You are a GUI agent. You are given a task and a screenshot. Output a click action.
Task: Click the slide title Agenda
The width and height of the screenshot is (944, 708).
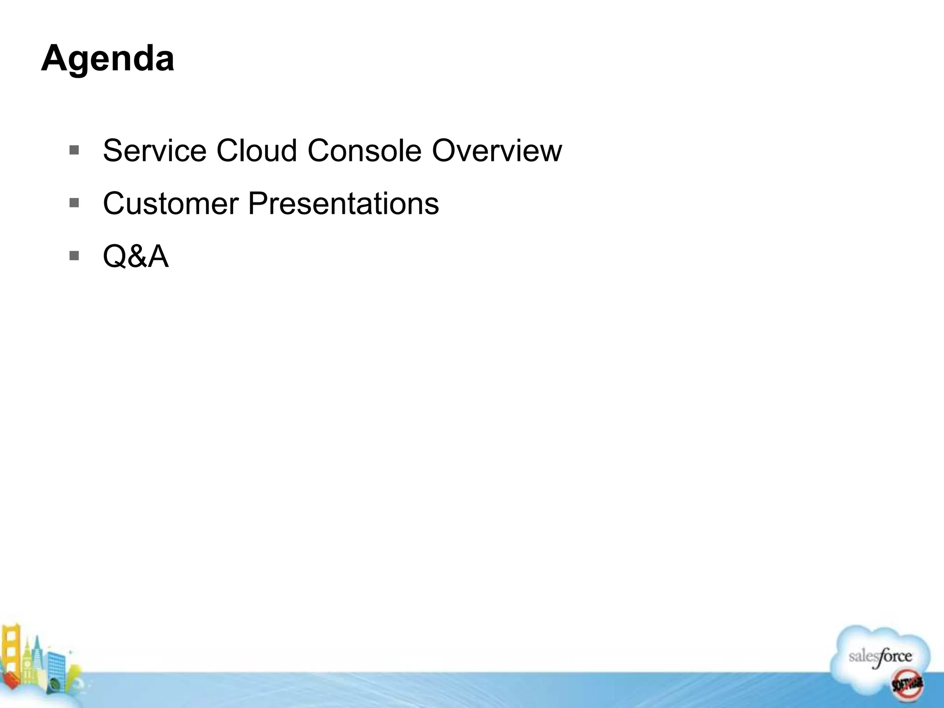point(107,59)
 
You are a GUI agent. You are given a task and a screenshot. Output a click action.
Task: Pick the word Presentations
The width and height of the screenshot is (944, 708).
point(343,203)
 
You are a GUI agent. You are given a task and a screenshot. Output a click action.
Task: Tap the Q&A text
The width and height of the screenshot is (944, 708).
point(136,256)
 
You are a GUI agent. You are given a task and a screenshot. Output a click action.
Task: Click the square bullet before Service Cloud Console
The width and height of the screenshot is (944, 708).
point(74,150)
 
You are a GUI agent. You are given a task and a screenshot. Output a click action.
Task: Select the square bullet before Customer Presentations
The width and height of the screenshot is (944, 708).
point(74,203)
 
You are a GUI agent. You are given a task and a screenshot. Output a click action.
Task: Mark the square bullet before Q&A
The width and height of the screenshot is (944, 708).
point(74,255)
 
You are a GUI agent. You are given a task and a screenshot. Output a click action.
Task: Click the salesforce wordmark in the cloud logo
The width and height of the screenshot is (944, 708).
point(880,657)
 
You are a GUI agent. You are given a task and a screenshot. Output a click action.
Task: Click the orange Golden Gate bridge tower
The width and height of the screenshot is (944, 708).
point(11,650)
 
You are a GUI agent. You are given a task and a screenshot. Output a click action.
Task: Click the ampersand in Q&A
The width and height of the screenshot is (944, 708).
point(135,256)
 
